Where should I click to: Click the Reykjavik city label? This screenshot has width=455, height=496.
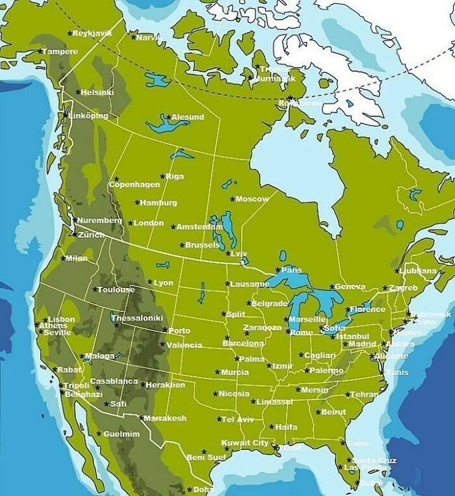click(x=92, y=33)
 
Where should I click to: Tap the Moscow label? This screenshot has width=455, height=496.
click(x=252, y=199)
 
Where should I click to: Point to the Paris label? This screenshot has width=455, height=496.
click(x=291, y=270)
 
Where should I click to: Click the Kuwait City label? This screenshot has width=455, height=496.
click(x=245, y=443)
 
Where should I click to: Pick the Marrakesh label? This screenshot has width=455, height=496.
click(x=165, y=418)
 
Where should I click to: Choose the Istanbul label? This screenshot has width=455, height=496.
click(x=353, y=336)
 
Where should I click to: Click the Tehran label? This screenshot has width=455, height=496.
click(x=365, y=395)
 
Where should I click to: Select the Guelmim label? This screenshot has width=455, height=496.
click(x=122, y=434)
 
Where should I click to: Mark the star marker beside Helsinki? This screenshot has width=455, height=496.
click(x=78, y=92)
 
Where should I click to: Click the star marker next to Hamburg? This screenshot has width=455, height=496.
click(x=137, y=203)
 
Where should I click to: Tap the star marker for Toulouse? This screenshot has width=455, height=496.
click(x=95, y=289)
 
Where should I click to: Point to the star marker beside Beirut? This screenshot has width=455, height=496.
click(x=317, y=412)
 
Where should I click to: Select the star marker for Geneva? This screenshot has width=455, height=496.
click(x=331, y=286)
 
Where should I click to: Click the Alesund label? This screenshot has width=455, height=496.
click(x=188, y=117)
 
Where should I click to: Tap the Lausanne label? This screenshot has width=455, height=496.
click(x=250, y=284)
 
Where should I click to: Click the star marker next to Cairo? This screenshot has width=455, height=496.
click(x=342, y=444)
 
